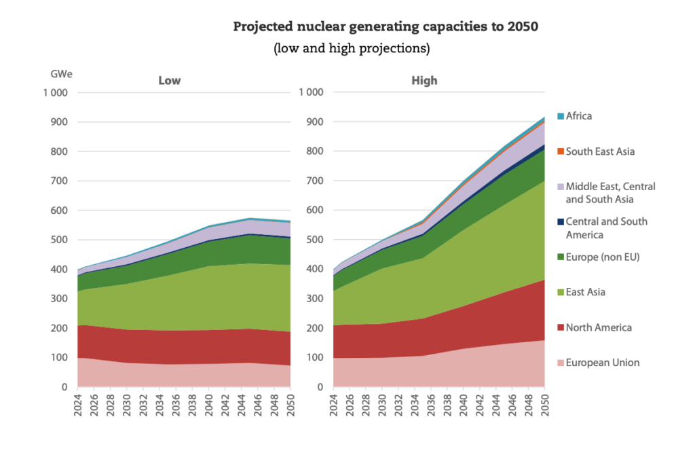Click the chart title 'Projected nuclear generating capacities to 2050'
point(386,27)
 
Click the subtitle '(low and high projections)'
point(352,48)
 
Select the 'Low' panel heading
point(169,81)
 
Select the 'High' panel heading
point(424,81)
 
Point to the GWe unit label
point(61,74)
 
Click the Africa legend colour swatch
point(561,116)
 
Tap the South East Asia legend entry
point(596,151)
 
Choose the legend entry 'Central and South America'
point(603,228)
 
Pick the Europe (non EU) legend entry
point(599,257)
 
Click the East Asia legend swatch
point(561,292)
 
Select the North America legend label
point(599,327)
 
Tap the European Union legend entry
point(599,363)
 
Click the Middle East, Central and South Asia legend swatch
point(561,187)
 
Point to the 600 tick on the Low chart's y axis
point(59,211)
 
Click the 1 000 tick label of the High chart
point(311,92)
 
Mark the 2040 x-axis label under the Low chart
point(209,405)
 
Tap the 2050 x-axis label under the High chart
point(545,405)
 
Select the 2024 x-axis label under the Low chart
point(78,405)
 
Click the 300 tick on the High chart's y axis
point(314,298)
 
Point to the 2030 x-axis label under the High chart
point(383,405)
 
